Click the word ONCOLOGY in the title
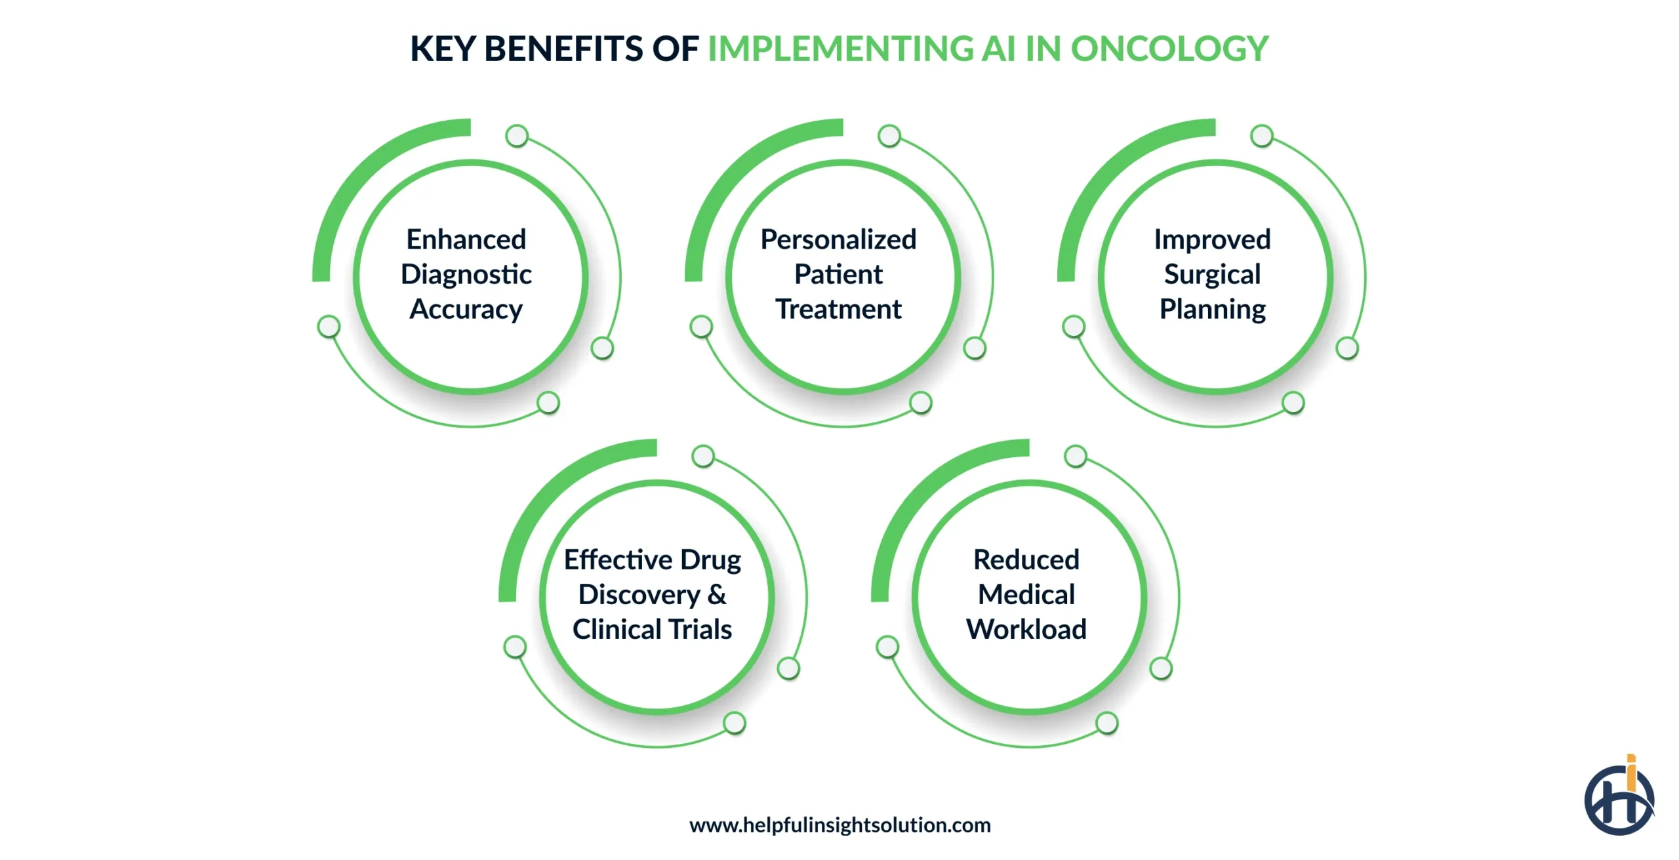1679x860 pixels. point(1169,49)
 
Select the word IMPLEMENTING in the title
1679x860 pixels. point(841,49)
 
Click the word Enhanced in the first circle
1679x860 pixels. point(466,239)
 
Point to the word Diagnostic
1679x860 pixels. point(466,274)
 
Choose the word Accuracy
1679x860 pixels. point(466,309)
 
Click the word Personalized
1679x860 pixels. point(838,239)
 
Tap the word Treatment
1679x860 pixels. point(838,309)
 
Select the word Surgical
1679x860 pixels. point(1212,274)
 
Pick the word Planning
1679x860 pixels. point(1212,309)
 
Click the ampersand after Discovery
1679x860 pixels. point(717,594)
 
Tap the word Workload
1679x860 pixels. point(1026,629)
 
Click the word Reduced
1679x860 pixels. point(1026,560)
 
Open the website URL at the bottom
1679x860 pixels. point(839,825)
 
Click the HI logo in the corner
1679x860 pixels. point(1619,797)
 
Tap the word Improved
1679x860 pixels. point(1212,239)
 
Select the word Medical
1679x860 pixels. point(1026,594)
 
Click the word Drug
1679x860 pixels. point(710,560)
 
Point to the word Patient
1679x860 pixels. point(838,274)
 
